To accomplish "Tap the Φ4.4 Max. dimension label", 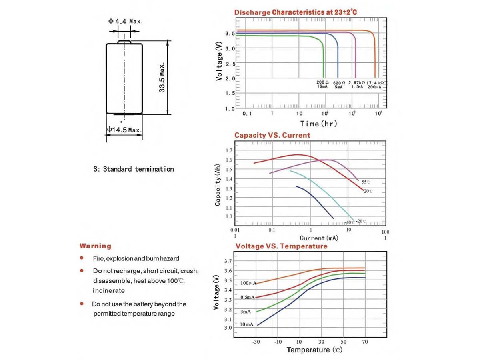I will click(125, 21).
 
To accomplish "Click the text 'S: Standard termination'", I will click(134, 169).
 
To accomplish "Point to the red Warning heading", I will click(95, 246).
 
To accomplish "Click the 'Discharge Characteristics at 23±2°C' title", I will click(296, 12).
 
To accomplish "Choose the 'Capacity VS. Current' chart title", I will click(272, 135).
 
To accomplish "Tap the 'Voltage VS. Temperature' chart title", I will click(281, 246).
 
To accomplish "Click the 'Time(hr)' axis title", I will click(318, 124).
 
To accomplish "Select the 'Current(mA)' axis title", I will click(319, 238).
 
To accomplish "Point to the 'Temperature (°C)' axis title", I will click(314, 350).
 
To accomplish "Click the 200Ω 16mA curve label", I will click(323, 84).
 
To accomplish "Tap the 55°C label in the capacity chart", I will click(366, 182).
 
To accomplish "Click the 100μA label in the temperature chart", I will click(248, 283).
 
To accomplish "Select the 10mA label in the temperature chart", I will click(247, 324).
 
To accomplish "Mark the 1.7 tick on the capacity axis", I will click(229, 150).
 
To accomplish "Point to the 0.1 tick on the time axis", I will click(247, 113).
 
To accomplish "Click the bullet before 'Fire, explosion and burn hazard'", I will click(82, 258).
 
